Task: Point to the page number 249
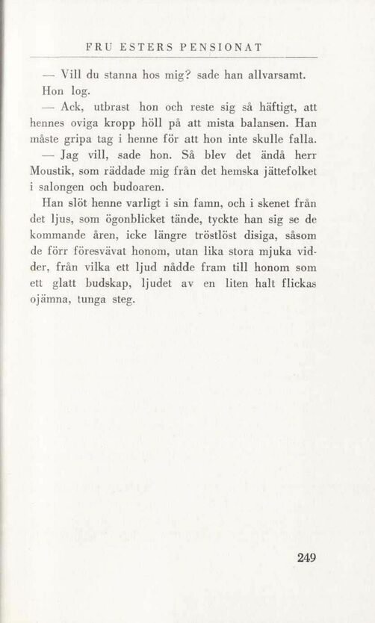click(x=307, y=557)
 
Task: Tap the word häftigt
click(x=275, y=108)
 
